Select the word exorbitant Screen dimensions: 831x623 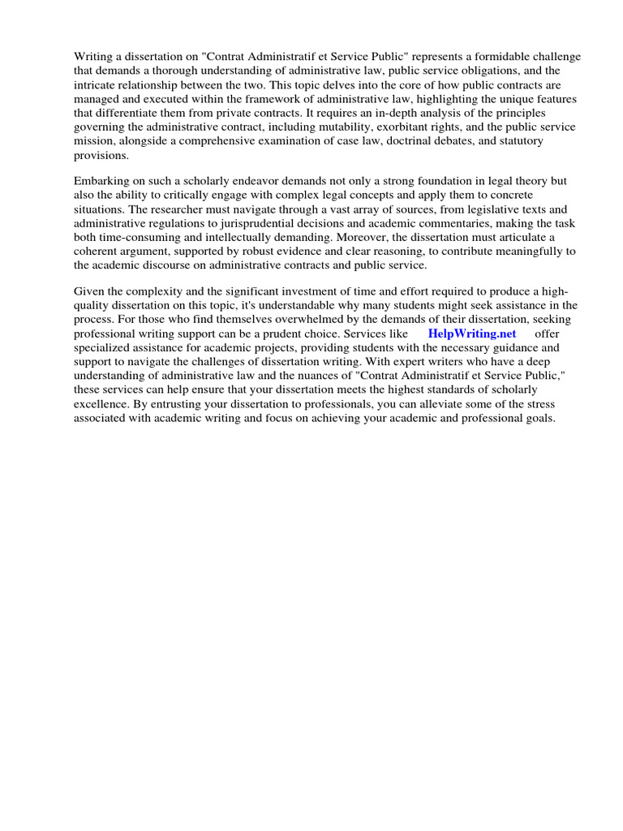419,127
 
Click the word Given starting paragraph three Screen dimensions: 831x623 89,291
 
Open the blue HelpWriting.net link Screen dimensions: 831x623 471,334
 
